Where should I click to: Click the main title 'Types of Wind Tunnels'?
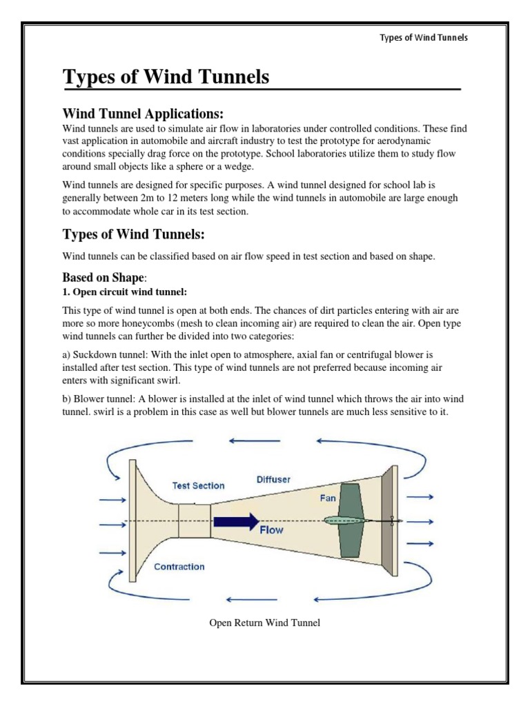[x=166, y=77]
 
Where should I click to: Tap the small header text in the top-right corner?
[x=424, y=37]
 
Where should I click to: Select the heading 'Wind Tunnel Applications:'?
[x=143, y=113]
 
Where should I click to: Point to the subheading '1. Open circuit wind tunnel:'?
[x=125, y=292]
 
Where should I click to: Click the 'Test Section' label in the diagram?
[x=198, y=485]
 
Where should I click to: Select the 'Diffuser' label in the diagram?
[x=274, y=478]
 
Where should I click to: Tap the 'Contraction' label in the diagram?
[x=179, y=567]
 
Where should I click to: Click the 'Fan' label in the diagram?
[x=328, y=496]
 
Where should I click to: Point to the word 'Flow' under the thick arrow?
[x=271, y=531]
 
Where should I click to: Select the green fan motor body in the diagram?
[x=350, y=520]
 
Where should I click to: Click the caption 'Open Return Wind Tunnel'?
[x=265, y=623]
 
